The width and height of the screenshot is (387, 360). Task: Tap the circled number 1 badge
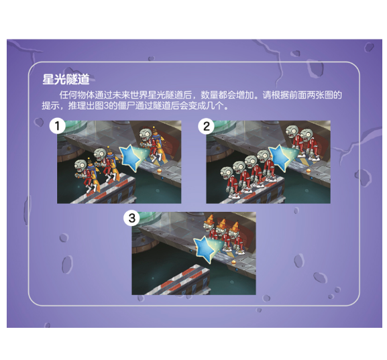coord(59,125)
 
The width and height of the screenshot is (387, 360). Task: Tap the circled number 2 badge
coord(208,125)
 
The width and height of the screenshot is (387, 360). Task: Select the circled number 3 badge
coord(133,217)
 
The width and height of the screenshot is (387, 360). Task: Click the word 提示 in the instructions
coord(50,106)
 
